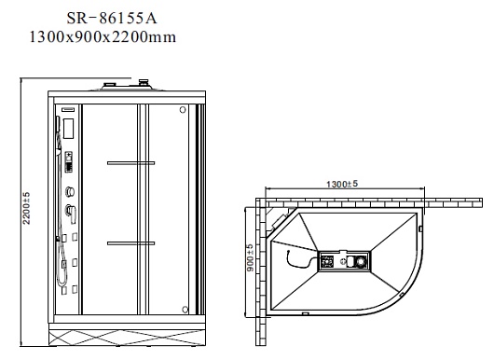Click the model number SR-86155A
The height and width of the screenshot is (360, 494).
click(112, 19)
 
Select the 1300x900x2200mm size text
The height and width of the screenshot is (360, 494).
click(103, 37)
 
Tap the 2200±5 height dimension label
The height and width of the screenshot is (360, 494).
click(26, 208)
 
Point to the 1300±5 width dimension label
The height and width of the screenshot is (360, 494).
click(342, 184)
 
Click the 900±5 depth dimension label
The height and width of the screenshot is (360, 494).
click(250, 258)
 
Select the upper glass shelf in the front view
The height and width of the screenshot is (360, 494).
click(131, 163)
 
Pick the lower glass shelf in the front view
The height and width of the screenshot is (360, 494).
click(131, 243)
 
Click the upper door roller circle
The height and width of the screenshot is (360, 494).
click(183, 110)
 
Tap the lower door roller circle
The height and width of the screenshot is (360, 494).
click(185, 310)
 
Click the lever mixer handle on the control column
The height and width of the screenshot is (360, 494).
click(71, 213)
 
